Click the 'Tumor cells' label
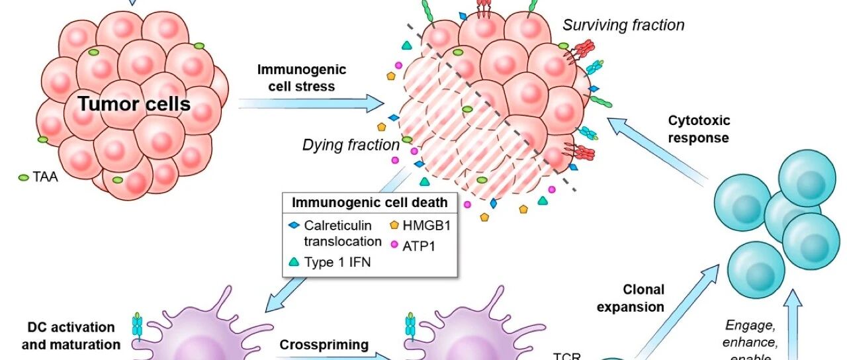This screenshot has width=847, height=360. tap(134, 104)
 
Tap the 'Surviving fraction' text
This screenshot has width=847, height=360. tap(623, 25)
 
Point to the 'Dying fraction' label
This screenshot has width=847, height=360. tap(351, 144)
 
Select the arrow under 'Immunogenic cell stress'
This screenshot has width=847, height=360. tap(311, 103)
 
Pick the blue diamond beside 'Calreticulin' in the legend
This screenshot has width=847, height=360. tap(294, 226)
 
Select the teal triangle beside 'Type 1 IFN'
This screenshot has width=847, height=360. tap(294, 262)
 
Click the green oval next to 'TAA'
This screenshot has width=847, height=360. tap(24, 177)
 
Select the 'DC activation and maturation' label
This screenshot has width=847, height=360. tap(71, 336)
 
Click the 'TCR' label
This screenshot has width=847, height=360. tap(566, 355)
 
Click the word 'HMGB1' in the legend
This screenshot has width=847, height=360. tap(426, 226)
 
